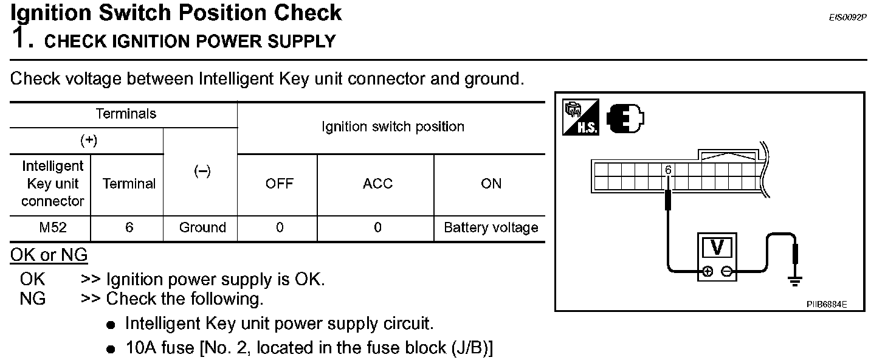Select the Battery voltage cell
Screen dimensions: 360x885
point(491,227)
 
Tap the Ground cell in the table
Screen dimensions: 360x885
point(202,227)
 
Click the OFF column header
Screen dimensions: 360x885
point(280,184)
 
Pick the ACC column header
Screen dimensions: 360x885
point(377,184)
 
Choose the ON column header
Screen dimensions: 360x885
point(491,184)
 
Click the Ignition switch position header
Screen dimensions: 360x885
point(393,127)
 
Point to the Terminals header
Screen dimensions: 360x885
point(126,114)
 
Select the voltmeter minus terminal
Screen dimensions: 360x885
point(727,272)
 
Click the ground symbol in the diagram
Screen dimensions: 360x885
point(794,279)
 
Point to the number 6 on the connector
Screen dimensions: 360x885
point(667,170)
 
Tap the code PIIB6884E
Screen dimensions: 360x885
point(827,303)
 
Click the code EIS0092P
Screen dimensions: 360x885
point(847,18)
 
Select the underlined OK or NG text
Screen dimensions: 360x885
point(49,255)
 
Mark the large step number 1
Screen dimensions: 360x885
point(21,38)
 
